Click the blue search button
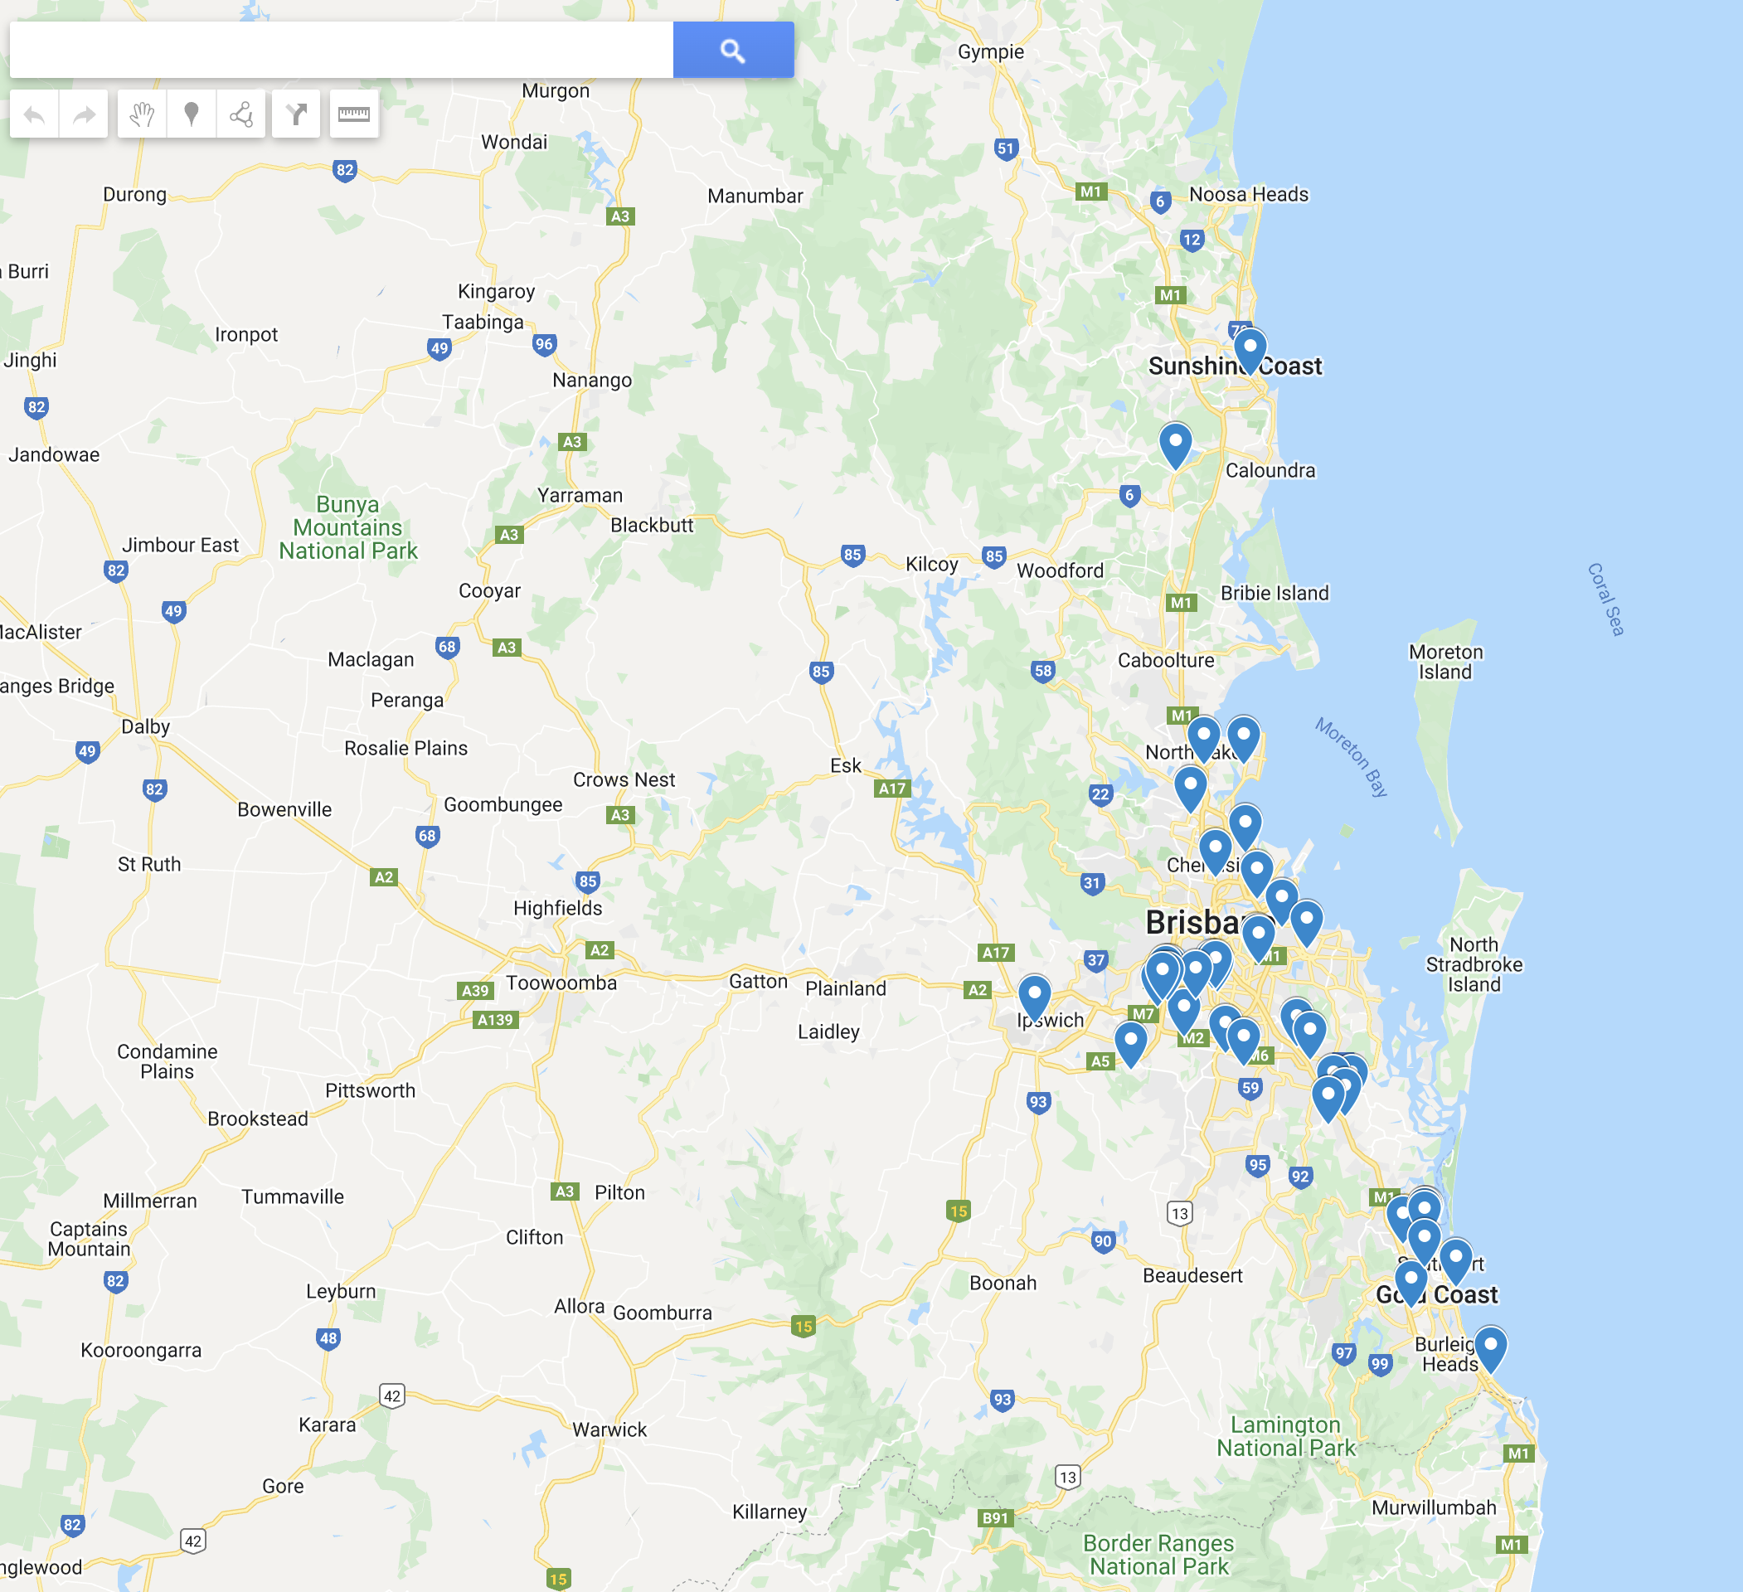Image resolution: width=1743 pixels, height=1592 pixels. (732, 50)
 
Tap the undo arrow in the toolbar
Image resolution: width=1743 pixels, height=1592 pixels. (35, 114)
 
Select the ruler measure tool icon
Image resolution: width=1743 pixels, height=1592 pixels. (353, 114)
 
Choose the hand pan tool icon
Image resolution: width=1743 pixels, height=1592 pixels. (142, 114)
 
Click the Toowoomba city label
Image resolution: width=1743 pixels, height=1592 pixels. (561, 983)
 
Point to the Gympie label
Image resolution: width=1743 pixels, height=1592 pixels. (990, 52)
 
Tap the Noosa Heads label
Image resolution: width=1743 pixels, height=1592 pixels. (1248, 195)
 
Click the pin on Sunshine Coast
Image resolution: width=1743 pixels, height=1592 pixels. (1250, 349)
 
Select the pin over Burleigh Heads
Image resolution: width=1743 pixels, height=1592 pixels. (1490, 1347)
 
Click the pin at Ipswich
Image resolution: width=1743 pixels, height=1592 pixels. (1034, 995)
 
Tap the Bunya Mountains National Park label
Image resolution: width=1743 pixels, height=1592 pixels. (347, 527)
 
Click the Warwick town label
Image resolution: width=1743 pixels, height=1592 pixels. (609, 1429)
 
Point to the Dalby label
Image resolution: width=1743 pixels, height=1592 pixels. (145, 726)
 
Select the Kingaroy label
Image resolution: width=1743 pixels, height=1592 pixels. (496, 291)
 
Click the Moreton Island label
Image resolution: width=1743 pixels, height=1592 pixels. (1445, 662)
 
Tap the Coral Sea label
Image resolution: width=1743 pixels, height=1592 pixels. (1605, 599)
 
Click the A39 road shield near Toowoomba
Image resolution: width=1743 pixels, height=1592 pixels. (474, 991)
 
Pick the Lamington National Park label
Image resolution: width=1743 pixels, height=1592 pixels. (1285, 1436)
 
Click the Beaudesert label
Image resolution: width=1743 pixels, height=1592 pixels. (1192, 1275)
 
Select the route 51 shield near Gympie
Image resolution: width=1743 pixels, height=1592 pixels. (1006, 148)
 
